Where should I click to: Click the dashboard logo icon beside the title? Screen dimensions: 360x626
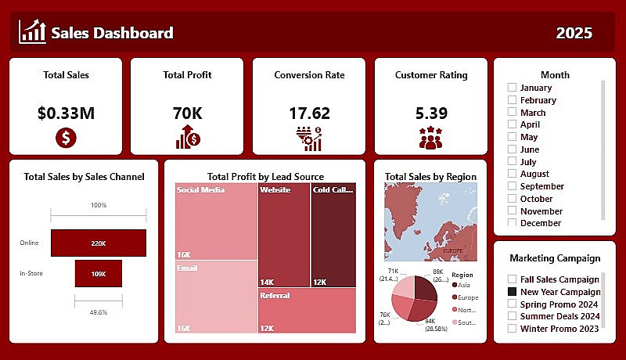(x=32, y=32)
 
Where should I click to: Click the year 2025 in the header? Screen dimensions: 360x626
(x=574, y=33)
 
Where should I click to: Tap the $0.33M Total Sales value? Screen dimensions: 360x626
(x=66, y=113)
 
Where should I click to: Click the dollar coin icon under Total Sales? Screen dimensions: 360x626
(x=66, y=139)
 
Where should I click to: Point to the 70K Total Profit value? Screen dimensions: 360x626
(x=187, y=113)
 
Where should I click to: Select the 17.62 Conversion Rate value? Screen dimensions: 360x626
(x=309, y=113)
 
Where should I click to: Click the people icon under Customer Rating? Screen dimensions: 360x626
(x=430, y=138)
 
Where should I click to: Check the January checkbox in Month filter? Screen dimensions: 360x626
(x=512, y=88)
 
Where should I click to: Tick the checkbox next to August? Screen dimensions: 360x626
(x=512, y=174)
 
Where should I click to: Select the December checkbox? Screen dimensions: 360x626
(x=512, y=223)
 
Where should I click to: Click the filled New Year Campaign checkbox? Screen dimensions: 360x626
(x=512, y=292)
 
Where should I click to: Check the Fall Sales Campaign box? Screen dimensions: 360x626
(x=512, y=279)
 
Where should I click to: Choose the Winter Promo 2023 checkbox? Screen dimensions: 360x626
(x=512, y=329)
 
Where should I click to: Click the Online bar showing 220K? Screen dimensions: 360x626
(x=99, y=243)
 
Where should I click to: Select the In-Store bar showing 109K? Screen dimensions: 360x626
(x=99, y=274)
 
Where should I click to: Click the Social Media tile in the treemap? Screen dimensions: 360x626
(x=217, y=221)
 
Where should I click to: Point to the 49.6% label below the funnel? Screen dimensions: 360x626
(x=99, y=311)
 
